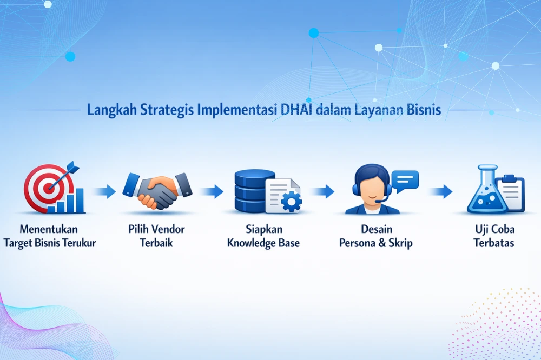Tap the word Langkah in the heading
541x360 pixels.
point(111,110)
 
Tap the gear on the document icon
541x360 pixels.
point(292,201)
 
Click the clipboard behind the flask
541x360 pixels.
point(511,191)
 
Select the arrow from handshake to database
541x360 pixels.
point(212,191)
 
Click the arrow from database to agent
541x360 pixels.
point(322,191)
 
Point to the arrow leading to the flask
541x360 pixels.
point(440,191)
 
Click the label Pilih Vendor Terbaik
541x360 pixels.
point(156,236)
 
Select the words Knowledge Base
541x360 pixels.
point(263,243)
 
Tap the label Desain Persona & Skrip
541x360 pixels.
point(375,236)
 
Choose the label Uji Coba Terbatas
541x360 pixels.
point(493,236)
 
